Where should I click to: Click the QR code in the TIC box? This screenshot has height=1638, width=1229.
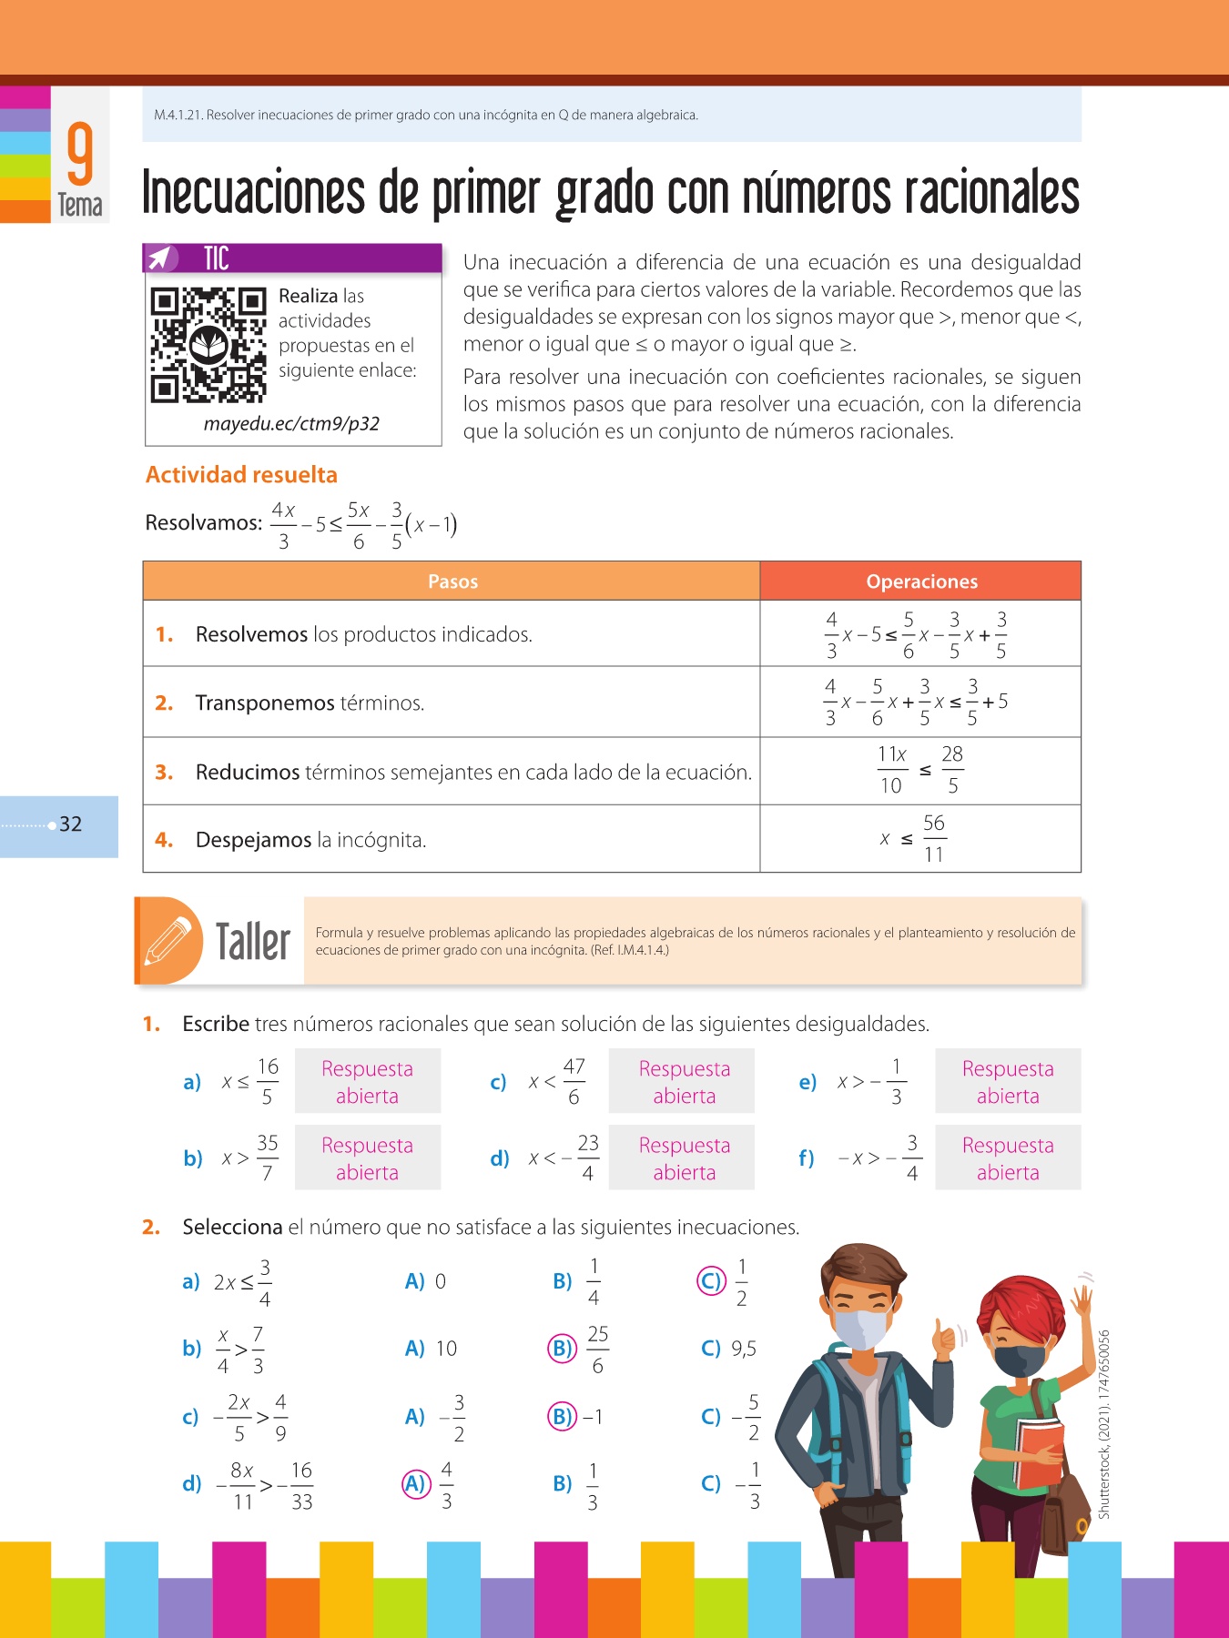[x=208, y=345]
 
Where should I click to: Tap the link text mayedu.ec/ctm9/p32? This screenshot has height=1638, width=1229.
[x=291, y=424]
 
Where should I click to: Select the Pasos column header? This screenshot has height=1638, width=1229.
[x=452, y=581]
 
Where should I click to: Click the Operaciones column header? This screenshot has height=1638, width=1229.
[x=921, y=581]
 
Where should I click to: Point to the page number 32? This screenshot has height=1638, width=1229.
[x=71, y=824]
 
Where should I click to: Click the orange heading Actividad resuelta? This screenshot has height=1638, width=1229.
[x=241, y=475]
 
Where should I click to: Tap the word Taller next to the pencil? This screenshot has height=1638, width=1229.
[x=252, y=941]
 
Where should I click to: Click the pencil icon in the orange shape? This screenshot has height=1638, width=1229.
[x=168, y=940]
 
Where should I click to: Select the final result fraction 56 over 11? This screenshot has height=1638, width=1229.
[x=934, y=838]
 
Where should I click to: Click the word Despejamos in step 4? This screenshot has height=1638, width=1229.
[x=253, y=840]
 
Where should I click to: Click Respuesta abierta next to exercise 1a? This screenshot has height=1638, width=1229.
[x=367, y=1081]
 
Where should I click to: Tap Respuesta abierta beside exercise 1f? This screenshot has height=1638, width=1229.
[x=1008, y=1158]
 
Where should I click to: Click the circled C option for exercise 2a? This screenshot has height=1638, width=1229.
[x=711, y=1281]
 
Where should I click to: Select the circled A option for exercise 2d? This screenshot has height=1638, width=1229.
[x=415, y=1484]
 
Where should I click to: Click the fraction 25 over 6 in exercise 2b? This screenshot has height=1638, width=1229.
[x=597, y=1349]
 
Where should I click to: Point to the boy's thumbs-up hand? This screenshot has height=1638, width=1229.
[x=945, y=1338]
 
